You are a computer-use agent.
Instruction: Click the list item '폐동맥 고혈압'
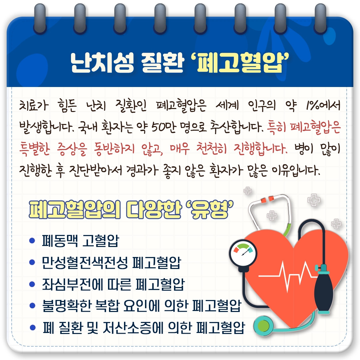[x=80, y=241]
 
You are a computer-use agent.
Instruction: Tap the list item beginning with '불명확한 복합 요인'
[x=141, y=306]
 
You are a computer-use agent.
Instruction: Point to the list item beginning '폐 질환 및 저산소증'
[x=143, y=327]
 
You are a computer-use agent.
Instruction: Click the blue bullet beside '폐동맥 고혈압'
[x=32, y=240]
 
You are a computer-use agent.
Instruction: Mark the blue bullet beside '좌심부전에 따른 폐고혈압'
[x=32, y=284]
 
